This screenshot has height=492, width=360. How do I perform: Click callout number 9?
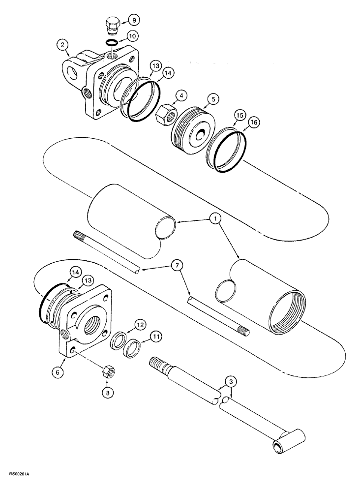pyautogui.click(x=134, y=21)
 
